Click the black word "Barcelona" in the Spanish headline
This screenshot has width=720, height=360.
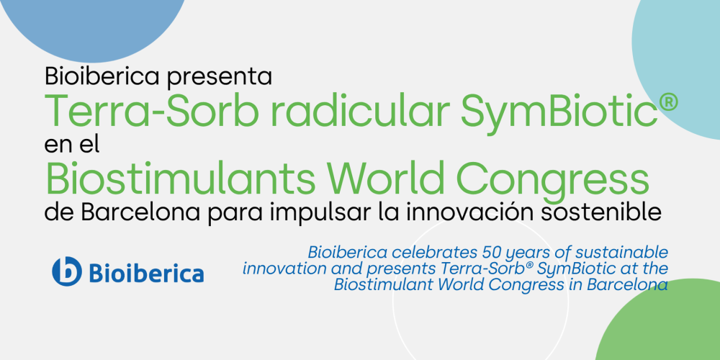[132, 213]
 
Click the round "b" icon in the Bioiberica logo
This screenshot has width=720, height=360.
[67, 271]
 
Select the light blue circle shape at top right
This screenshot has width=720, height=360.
[684, 65]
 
